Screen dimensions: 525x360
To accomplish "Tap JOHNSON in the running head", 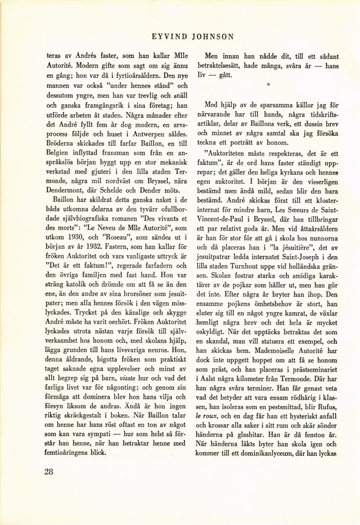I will tap(213, 37).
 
